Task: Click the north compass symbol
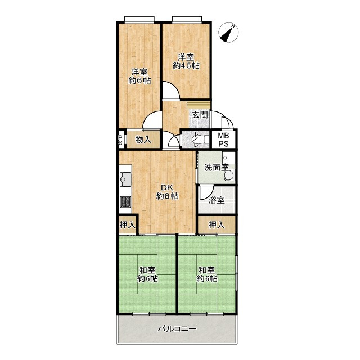(x=228, y=33)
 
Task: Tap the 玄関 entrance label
(x=200, y=115)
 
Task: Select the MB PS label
(x=223, y=139)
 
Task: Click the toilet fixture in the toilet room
(x=201, y=139)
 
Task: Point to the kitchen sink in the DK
(x=125, y=179)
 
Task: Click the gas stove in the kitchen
(x=125, y=202)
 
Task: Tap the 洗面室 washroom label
(x=217, y=168)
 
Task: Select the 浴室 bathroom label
(x=217, y=200)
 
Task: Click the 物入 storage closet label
(x=143, y=139)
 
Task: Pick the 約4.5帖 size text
(x=186, y=66)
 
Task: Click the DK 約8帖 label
(x=168, y=192)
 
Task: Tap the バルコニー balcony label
(x=177, y=329)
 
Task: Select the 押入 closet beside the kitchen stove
(x=128, y=225)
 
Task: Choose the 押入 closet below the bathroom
(x=217, y=225)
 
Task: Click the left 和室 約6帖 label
(x=147, y=274)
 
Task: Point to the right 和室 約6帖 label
(x=207, y=274)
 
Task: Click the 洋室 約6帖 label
(x=139, y=76)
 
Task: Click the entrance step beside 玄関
(x=199, y=105)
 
